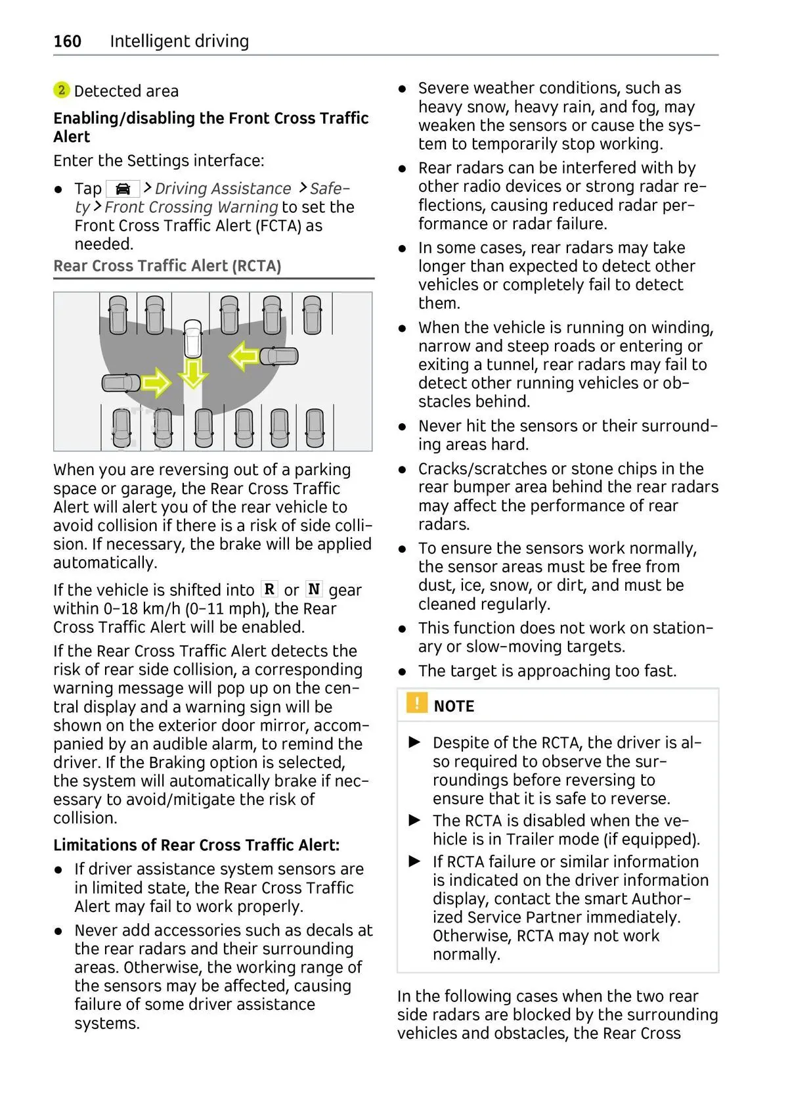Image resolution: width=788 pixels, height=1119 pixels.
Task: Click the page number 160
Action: pos(67,41)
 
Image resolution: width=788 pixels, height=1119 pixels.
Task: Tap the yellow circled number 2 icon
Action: pos(61,90)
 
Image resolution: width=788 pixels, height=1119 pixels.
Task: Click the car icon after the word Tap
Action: pos(123,189)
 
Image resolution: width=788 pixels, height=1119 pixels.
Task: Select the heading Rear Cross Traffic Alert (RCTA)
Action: pos(167,266)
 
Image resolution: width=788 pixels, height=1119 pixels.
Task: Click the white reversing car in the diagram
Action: pos(192,338)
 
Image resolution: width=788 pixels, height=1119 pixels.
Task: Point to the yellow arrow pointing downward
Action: pos(193,373)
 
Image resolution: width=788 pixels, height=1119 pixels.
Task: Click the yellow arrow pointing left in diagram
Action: pos(244,356)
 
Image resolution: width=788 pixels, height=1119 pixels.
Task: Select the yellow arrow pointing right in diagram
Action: pos(156,382)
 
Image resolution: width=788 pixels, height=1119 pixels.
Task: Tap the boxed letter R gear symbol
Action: pos(269,589)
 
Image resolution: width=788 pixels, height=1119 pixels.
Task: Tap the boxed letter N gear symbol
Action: pos(314,589)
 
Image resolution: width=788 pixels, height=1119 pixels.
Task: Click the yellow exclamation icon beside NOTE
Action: pos(416,703)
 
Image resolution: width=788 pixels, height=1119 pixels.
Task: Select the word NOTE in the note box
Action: pos(454,706)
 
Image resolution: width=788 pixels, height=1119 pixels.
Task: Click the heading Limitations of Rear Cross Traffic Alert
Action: pos(196,845)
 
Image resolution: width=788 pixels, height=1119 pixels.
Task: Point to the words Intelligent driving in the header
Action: pos(179,41)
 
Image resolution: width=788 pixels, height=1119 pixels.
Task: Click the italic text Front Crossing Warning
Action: pos(191,208)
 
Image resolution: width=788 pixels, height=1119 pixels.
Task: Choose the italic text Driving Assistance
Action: pos(223,189)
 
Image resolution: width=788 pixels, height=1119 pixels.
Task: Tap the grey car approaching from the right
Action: pos(279,356)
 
